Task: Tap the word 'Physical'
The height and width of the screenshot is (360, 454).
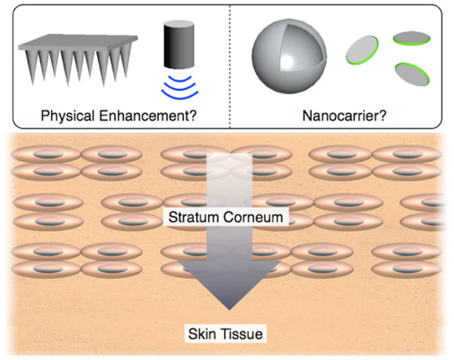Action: click(x=69, y=114)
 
